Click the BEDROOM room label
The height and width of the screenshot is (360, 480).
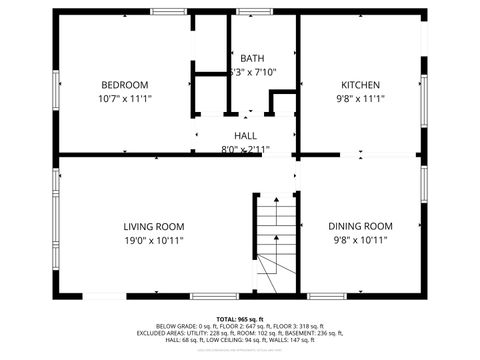coord(124,84)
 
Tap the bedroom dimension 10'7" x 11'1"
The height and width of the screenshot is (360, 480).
coord(124,99)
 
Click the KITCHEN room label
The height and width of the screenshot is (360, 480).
coord(361,84)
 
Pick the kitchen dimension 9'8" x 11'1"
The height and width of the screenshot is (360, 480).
coord(361,99)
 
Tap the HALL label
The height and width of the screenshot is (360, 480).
coord(246,135)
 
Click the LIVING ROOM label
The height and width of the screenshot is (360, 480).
coord(153,226)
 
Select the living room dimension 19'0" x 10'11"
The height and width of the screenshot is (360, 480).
coord(153,241)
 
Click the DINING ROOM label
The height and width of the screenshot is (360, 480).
coord(362,226)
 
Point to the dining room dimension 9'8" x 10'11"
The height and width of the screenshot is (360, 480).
coord(362,241)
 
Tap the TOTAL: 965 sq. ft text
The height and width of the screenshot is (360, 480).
coord(241,317)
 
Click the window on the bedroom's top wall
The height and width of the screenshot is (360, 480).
coord(167,13)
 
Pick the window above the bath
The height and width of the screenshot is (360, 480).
coord(254,13)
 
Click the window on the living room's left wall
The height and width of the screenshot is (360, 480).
coord(54,190)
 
